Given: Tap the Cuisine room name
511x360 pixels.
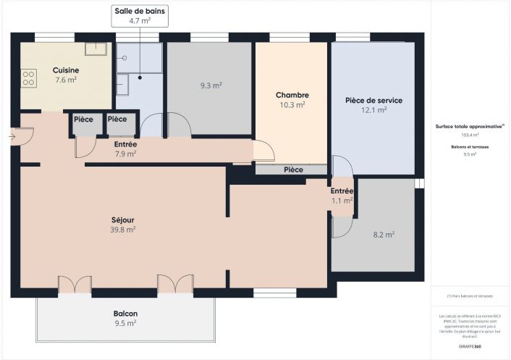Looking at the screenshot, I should (x=66, y=70).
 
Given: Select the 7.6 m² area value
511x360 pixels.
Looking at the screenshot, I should (x=66, y=80).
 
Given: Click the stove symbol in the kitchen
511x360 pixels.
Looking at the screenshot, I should (x=28, y=78).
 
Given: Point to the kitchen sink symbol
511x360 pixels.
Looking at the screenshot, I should (x=96, y=49).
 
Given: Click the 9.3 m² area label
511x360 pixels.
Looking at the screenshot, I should (x=211, y=85).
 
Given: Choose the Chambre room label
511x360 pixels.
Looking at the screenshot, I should (x=292, y=95).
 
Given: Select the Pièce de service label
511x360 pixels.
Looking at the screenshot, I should (x=373, y=100).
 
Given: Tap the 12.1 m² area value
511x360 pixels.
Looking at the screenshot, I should (x=373, y=110).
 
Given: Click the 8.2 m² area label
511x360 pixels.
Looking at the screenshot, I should (x=383, y=235).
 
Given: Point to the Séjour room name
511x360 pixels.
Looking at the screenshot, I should (x=122, y=219).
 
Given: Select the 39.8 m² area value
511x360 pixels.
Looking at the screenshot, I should (x=122, y=230).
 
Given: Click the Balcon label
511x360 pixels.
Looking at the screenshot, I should (x=125, y=314).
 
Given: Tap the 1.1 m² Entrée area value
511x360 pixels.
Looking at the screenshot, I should (x=342, y=201).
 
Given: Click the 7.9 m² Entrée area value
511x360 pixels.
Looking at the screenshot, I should (x=125, y=154).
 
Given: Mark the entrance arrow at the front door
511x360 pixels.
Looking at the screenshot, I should (x=14, y=135).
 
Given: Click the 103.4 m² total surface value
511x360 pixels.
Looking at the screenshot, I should (x=470, y=135).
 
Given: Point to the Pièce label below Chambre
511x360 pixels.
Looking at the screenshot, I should (x=293, y=169).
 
